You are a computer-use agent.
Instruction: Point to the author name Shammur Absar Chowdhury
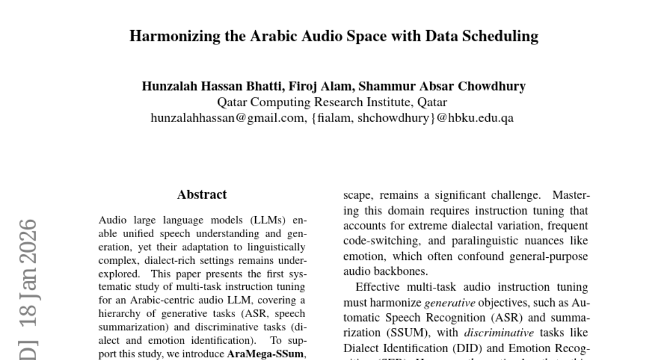coord(442,87)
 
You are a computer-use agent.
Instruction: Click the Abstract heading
coord(202,195)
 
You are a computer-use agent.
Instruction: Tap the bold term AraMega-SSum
coord(266,354)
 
